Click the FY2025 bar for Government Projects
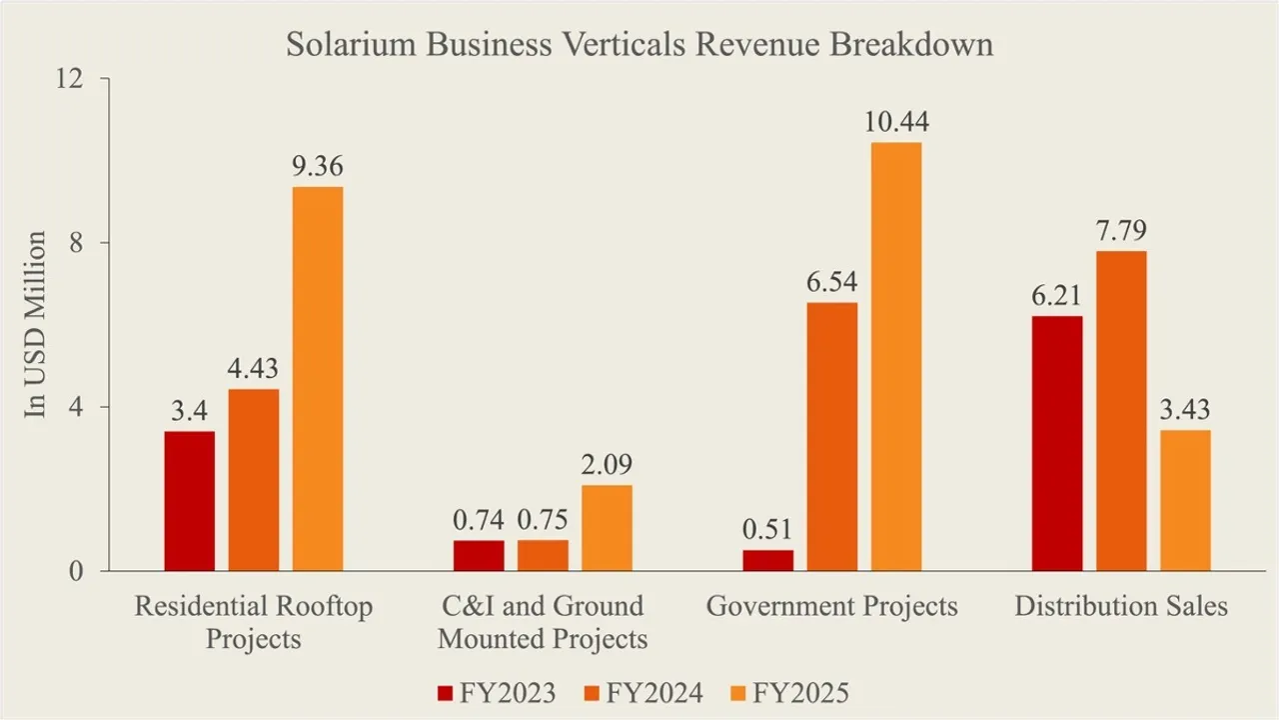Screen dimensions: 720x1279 [895, 357]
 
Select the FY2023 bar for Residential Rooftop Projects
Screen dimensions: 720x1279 [190, 501]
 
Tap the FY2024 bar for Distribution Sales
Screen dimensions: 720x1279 [1121, 411]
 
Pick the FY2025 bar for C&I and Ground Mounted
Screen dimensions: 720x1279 [607, 528]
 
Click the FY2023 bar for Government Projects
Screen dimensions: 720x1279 [768, 560]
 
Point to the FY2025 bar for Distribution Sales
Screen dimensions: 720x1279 [1185, 500]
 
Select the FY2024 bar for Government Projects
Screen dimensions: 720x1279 [831, 437]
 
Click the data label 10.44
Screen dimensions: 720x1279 [895, 123]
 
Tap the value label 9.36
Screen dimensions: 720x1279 [318, 167]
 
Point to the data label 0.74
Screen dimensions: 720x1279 [479, 521]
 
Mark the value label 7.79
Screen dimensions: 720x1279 [1121, 232]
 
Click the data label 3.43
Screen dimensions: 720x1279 [1185, 411]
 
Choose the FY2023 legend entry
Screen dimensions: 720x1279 [497, 692]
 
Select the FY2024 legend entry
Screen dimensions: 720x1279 [644, 692]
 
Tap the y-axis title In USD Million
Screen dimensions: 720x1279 [37, 325]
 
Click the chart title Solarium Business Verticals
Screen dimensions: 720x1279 [639, 46]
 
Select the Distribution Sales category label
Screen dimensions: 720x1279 [1121, 606]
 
